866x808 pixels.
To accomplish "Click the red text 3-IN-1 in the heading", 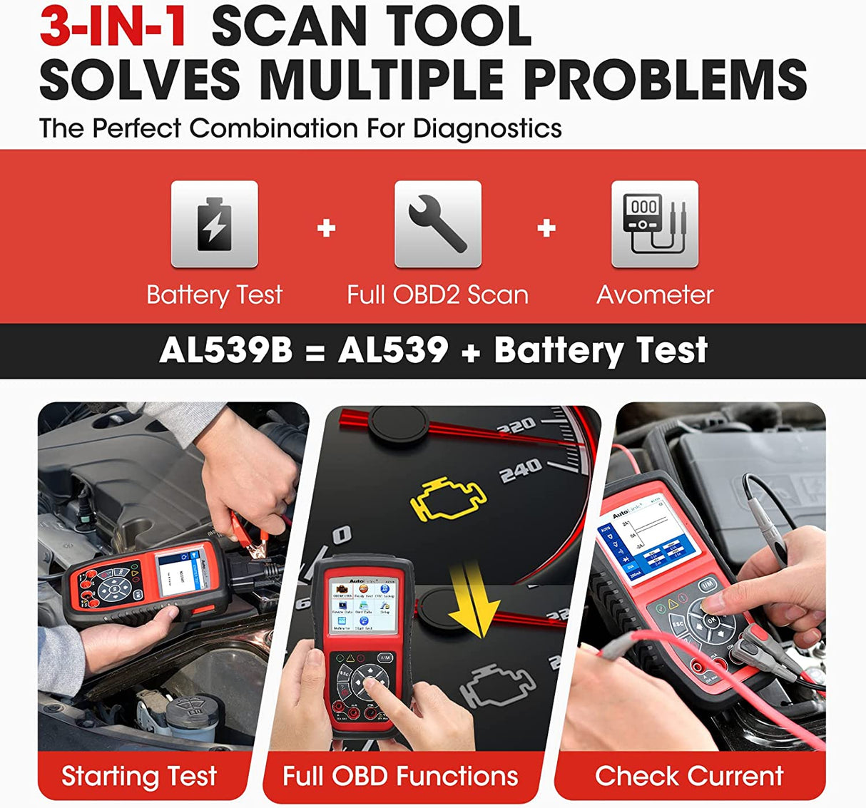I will tap(114, 27).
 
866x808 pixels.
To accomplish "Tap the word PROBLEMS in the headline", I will tap(665, 78).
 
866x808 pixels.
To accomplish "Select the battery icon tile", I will tap(214, 224).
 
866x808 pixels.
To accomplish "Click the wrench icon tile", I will tap(437, 224).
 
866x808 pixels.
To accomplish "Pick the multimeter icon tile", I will tap(654, 224).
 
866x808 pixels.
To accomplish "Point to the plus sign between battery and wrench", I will tap(326, 228).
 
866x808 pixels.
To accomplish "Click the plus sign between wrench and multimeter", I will tap(546, 228).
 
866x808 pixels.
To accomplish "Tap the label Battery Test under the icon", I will tap(214, 295).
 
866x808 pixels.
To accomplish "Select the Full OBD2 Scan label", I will tap(437, 295).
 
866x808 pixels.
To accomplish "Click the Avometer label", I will tap(655, 295).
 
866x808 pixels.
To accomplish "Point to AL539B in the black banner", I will tap(225, 350).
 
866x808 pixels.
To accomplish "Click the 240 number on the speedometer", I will tap(520, 471).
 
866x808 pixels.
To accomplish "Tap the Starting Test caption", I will tap(139, 776).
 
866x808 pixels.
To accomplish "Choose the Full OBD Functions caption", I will tap(400, 776).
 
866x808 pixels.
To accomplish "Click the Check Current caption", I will tap(689, 776).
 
